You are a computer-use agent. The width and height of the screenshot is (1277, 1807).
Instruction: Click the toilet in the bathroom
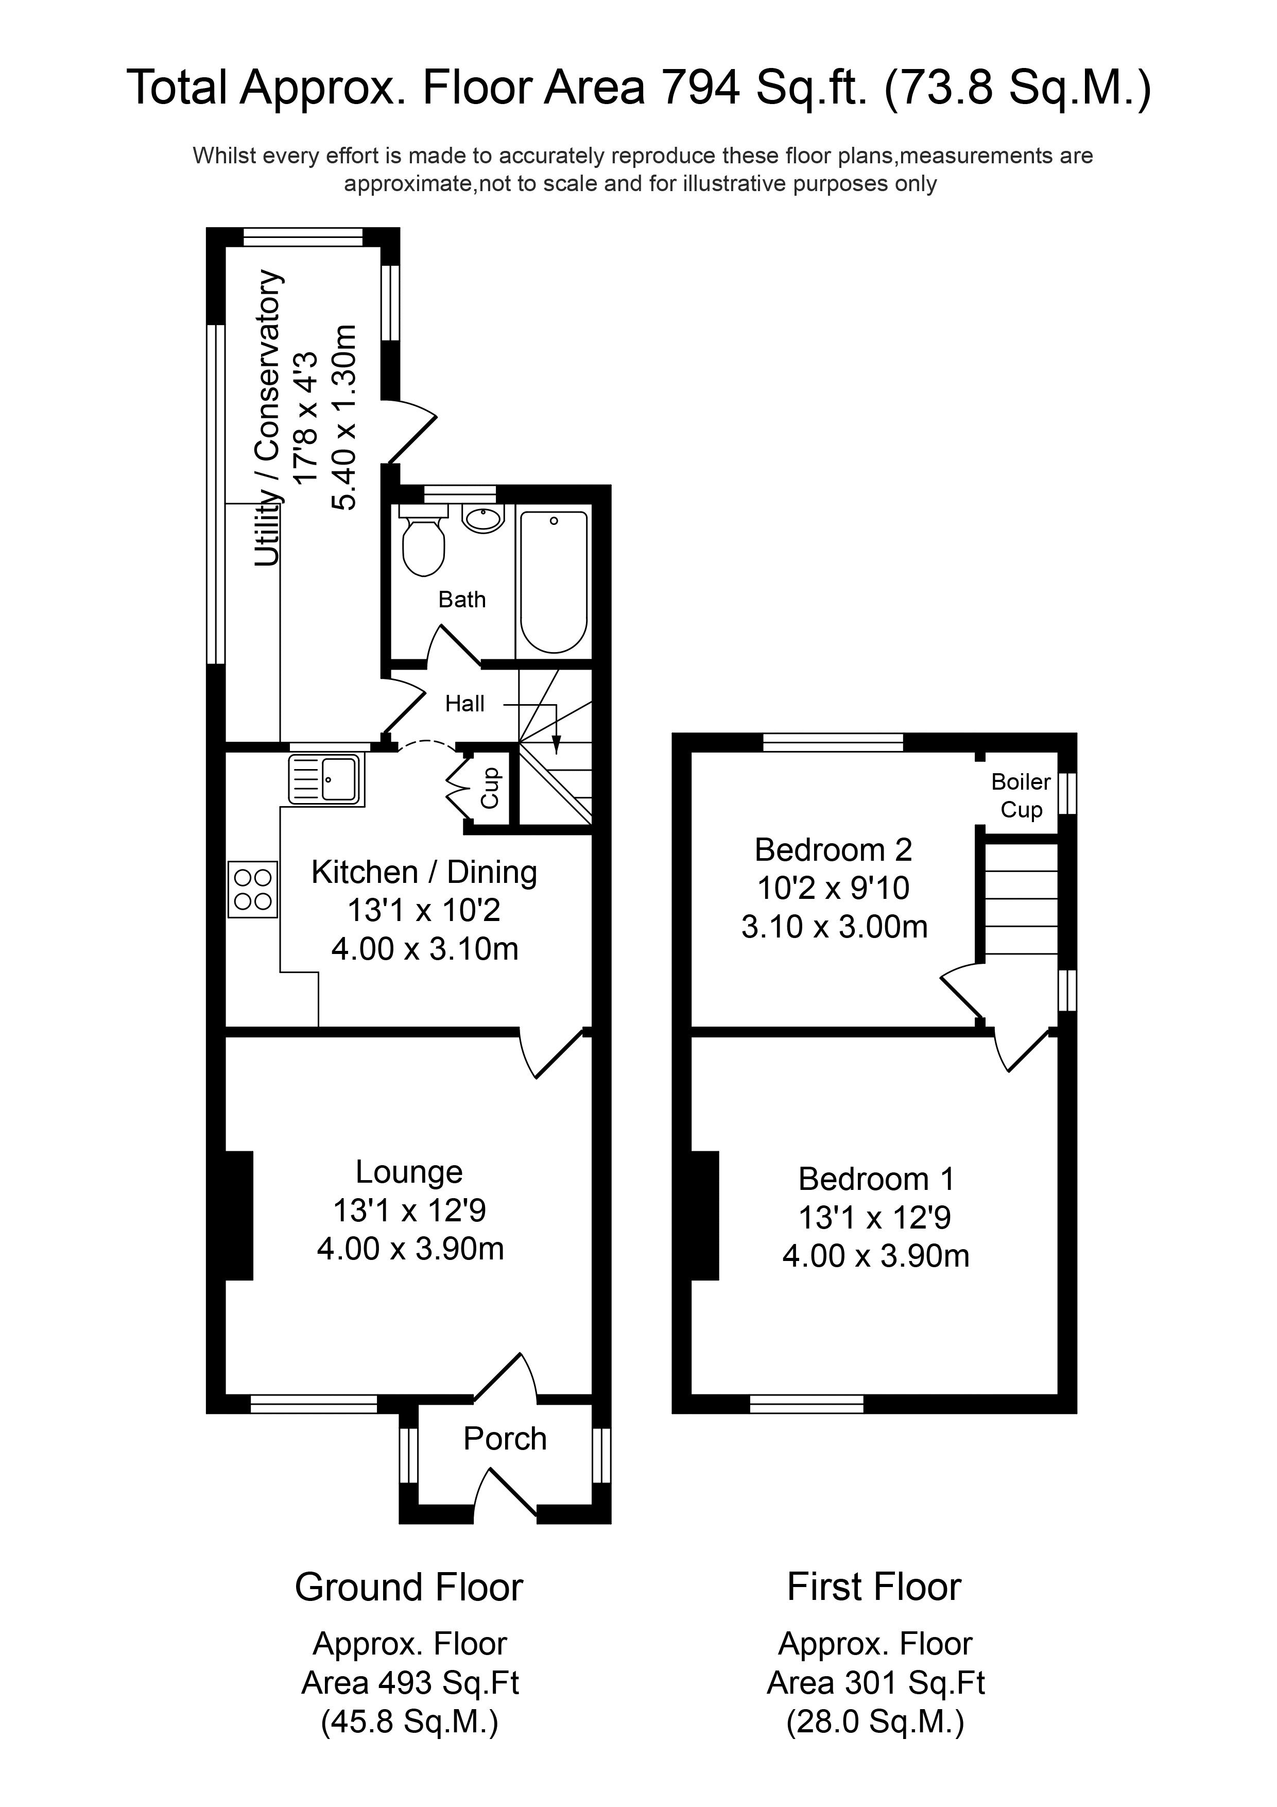(423, 542)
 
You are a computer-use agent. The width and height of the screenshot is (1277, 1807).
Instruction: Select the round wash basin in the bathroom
(481, 519)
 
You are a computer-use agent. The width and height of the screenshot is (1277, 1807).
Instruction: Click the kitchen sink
(326, 779)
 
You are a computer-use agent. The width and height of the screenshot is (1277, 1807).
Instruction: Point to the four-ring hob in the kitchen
(252, 889)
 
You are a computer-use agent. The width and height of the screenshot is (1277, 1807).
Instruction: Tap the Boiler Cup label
(1021, 796)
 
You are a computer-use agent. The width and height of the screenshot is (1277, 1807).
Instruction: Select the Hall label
(464, 704)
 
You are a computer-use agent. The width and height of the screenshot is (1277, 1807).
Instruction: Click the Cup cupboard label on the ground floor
(490, 788)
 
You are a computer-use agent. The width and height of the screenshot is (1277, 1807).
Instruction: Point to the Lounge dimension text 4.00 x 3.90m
(410, 1249)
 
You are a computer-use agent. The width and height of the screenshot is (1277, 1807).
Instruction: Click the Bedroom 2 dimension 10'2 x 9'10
(833, 889)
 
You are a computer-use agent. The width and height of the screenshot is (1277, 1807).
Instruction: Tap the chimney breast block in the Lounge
(239, 1216)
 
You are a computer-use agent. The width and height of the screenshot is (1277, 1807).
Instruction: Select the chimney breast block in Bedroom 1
(705, 1216)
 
